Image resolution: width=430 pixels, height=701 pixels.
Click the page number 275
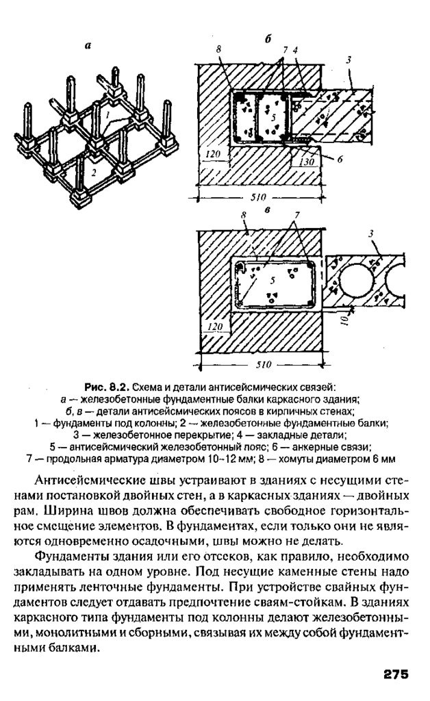pyautogui.click(x=395, y=674)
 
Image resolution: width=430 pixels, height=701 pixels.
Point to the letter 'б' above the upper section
pyautogui.click(x=268, y=39)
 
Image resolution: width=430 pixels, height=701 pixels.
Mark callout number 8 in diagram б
pyautogui.click(x=218, y=50)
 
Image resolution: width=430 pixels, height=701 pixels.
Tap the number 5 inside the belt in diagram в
pyautogui.click(x=273, y=280)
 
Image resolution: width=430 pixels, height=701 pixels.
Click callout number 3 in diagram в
pyautogui.click(x=370, y=235)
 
